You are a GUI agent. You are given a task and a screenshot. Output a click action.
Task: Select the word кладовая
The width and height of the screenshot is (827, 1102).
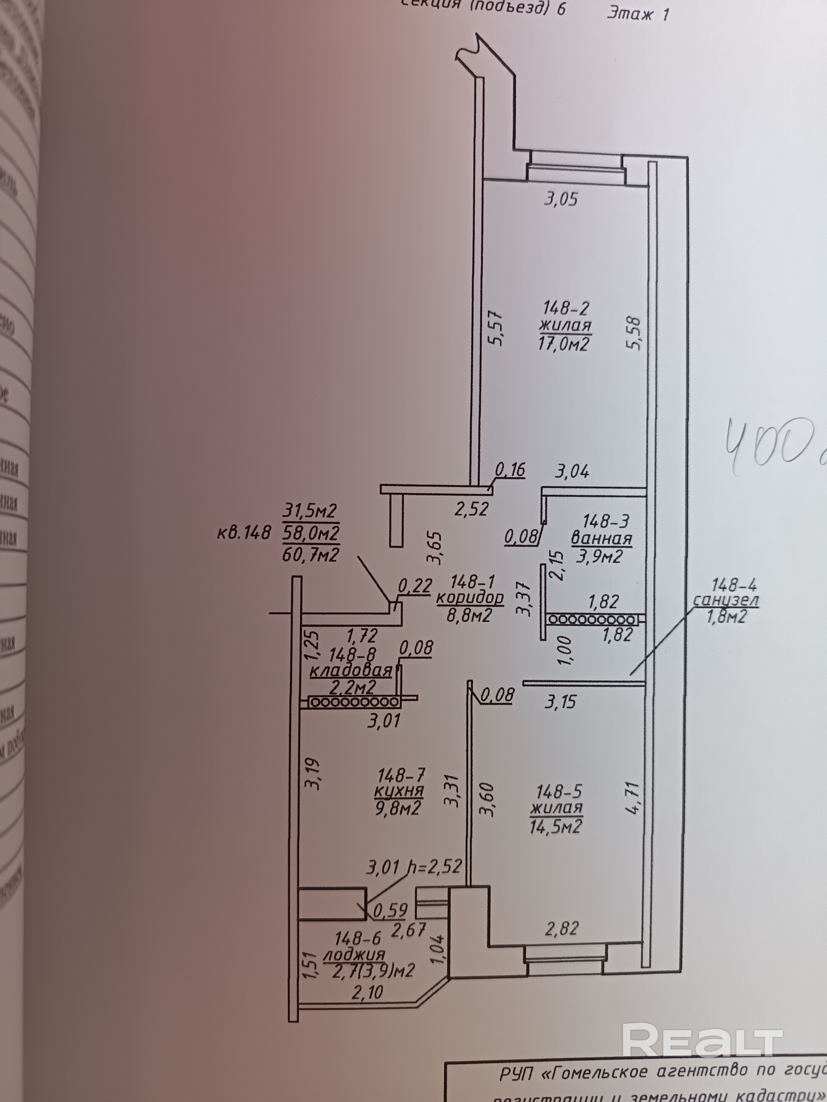tap(351, 671)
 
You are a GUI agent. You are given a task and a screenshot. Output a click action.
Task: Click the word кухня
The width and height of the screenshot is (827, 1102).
tap(399, 791)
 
